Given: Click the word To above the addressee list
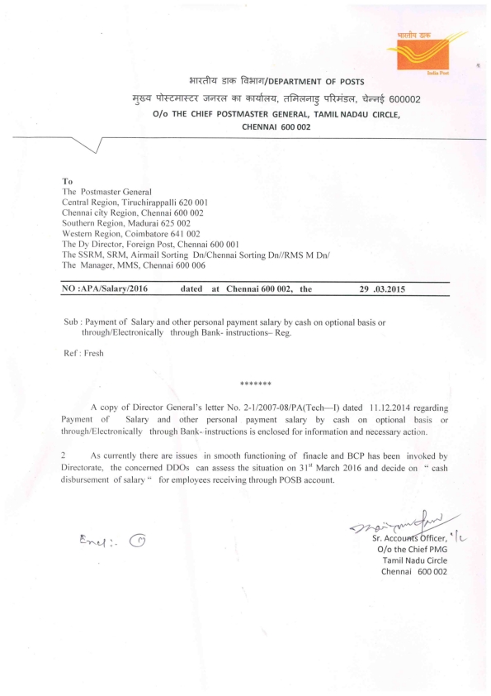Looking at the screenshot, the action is click(x=67, y=179).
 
